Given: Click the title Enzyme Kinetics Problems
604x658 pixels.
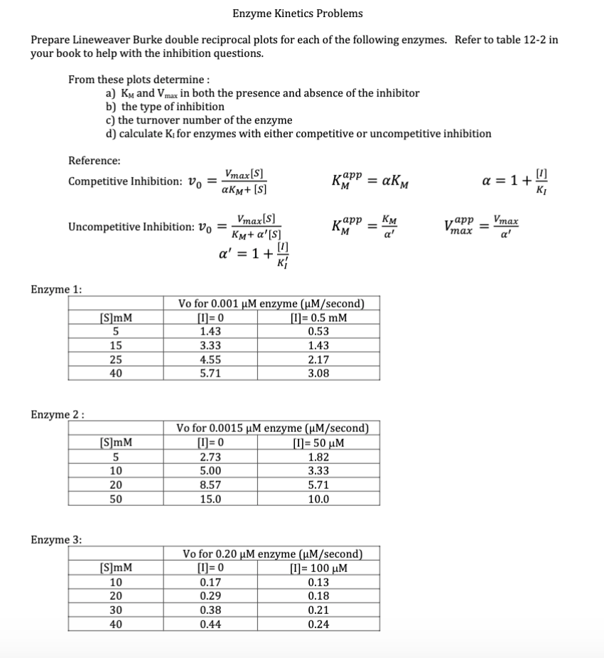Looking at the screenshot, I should point(297,14).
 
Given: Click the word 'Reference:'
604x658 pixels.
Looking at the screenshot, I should point(94,161).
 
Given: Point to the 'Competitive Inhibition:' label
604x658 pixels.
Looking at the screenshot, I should point(125,181).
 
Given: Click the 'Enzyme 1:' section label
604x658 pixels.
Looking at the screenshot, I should point(56,289).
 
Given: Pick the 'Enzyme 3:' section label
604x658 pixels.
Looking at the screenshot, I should point(56,539).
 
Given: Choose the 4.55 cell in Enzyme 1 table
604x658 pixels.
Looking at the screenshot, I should point(210,359).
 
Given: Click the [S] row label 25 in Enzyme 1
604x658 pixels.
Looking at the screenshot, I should point(115,359).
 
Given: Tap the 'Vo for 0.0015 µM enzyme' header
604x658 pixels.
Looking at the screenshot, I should point(272,428).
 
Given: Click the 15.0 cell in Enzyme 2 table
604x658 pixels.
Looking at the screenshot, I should point(210,498).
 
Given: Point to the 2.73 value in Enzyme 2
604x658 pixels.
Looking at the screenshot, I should point(210,457).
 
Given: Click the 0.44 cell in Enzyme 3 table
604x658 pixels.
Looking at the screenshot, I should point(210,625).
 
